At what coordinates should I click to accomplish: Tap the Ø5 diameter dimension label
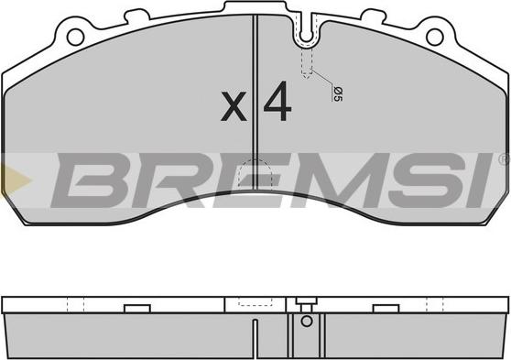pyautogui.click(x=338, y=94)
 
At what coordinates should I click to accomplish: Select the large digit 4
pyautogui.click(x=277, y=101)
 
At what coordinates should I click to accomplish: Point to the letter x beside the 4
pyautogui.click(x=234, y=106)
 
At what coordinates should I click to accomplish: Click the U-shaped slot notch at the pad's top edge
pyautogui.click(x=306, y=30)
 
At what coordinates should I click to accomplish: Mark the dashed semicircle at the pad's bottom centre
pyautogui.click(x=255, y=173)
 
